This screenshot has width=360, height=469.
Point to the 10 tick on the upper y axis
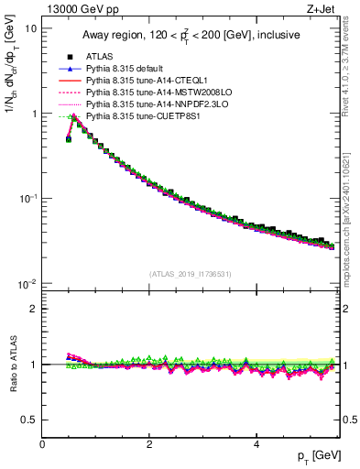(x=30, y=28)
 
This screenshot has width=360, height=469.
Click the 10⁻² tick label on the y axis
(x=27, y=284)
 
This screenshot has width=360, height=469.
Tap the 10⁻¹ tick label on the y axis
(x=27, y=199)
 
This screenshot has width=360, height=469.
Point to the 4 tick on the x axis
(x=256, y=443)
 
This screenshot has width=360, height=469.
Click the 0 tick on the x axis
(x=42, y=443)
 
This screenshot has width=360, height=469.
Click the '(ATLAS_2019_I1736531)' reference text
(x=191, y=274)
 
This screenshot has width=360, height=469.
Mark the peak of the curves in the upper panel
(x=73, y=116)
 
